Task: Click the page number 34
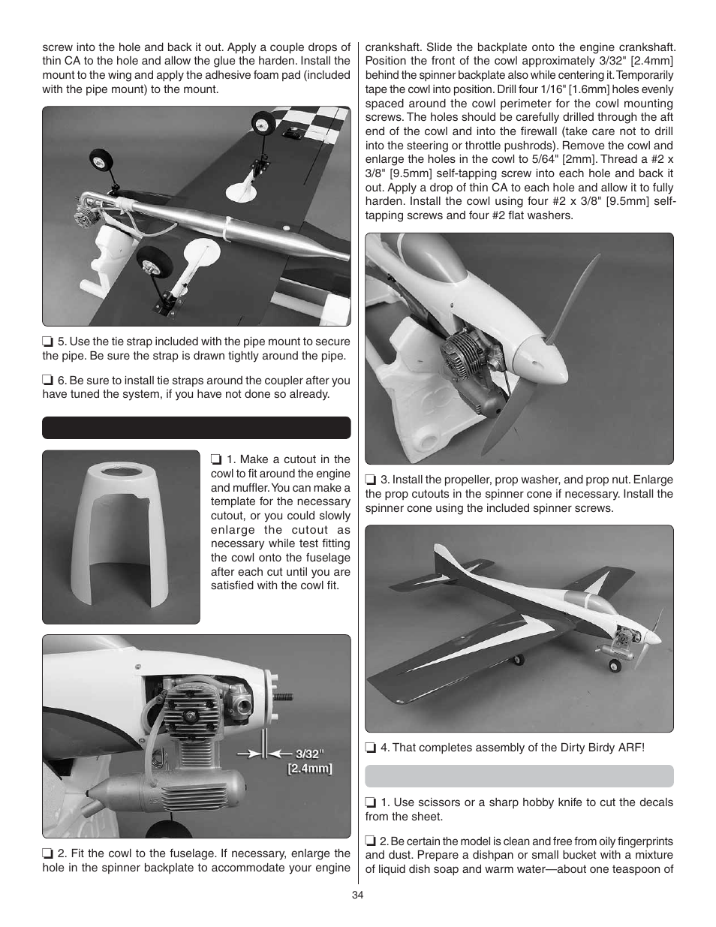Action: click(357, 894)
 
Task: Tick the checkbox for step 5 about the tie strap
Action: click(48, 342)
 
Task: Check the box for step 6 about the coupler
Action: click(48, 381)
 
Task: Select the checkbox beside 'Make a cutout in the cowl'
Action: click(216, 460)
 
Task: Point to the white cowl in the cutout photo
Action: click(120, 533)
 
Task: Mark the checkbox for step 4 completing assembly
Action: click(371, 748)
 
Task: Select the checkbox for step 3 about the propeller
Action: click(371, 480)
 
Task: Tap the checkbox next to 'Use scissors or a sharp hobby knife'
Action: click(371, 802)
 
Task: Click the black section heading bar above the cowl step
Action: click(196, 428)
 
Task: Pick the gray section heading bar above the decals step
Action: click(519, 775)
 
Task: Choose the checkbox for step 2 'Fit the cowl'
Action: click(48, 853)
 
